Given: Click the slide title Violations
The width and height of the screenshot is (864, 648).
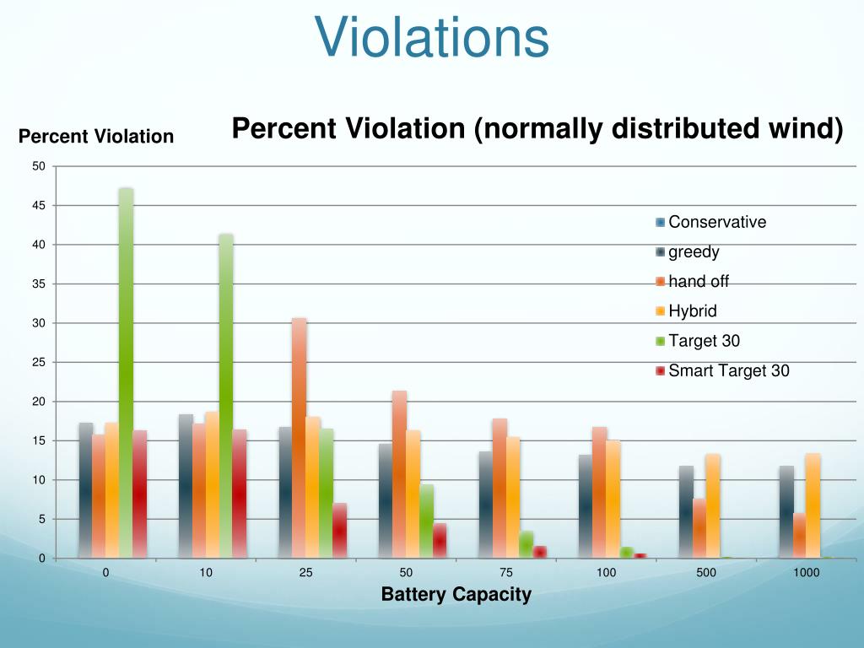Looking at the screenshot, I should tap(432, 38).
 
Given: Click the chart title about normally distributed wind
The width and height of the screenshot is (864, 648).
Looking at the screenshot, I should tap(537, 129).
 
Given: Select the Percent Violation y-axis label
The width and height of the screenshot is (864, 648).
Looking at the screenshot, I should tap(96, 136).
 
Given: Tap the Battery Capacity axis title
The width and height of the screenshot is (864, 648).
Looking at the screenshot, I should tap(456, 594).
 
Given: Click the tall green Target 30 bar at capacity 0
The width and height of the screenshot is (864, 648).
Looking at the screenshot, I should tap(126, 371).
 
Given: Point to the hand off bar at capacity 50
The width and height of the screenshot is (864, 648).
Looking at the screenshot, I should tap(399, 473).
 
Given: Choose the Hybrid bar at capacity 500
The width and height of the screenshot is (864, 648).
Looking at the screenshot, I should tap(712, 505).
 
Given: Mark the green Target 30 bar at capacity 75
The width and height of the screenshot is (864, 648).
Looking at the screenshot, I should tap(526, 544).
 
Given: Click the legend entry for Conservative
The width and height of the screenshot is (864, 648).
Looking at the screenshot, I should tap(716, 223).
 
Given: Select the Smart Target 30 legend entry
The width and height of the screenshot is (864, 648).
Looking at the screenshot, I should tap(728, 370).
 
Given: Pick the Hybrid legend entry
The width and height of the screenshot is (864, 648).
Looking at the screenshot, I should tap(692, 311).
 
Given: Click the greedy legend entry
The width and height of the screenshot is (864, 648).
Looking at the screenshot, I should tap(693, 251).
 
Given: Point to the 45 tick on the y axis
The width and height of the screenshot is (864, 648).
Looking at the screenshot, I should tap(39, 205).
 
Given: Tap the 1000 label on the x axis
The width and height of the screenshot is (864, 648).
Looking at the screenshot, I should tap(806, 573).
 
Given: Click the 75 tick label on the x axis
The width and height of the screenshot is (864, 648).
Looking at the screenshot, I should tap(506, 573).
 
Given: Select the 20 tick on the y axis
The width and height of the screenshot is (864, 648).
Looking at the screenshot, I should tap(39, 402).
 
